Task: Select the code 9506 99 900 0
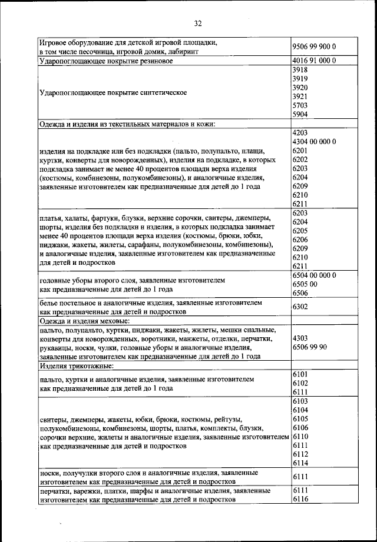pyautogui.click(x=314, y=46)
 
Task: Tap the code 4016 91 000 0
pyautogui.click(x=314, y=61)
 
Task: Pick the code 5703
pyautogui.click(x=300, y=105)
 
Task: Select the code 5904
pyautogui.click(x=300, y=114)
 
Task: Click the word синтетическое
pyautogui.click(x=157, y=92)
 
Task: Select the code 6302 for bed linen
pyautogui.click(x=302, y=307)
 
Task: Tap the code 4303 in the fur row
pyautogui.click(x=300, y=338)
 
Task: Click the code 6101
pyautogui.click(x=300, y=374)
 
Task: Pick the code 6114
pyautogui.click(x=300, y=463)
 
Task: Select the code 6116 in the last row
pyautogui.click(x=300, y=499)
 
